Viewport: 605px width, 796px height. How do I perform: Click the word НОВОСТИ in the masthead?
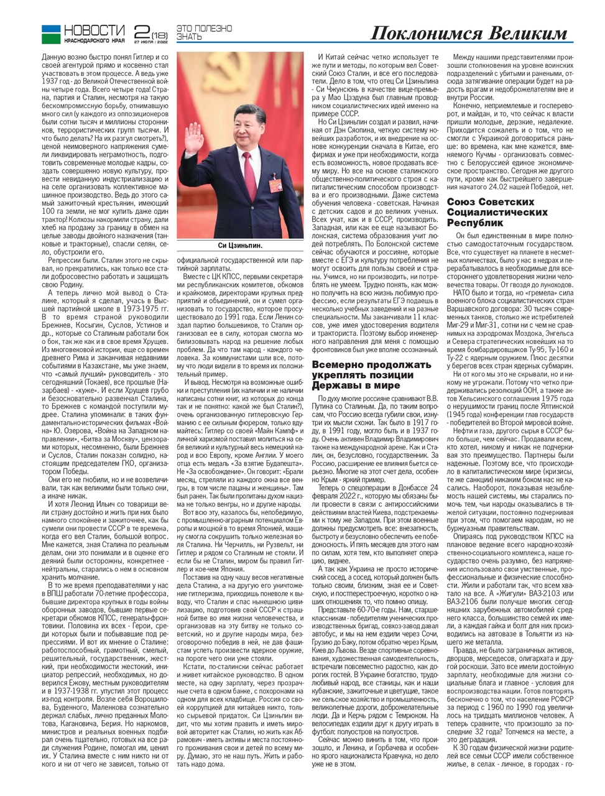pos(95,30)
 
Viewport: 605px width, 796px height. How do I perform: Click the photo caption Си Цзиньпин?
pos(240,246)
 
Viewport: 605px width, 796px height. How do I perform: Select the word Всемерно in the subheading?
pos(335,365)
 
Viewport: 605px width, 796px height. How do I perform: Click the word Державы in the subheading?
pos(336,385)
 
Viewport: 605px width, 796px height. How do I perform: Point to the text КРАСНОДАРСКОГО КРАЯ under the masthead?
pos(95,42)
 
